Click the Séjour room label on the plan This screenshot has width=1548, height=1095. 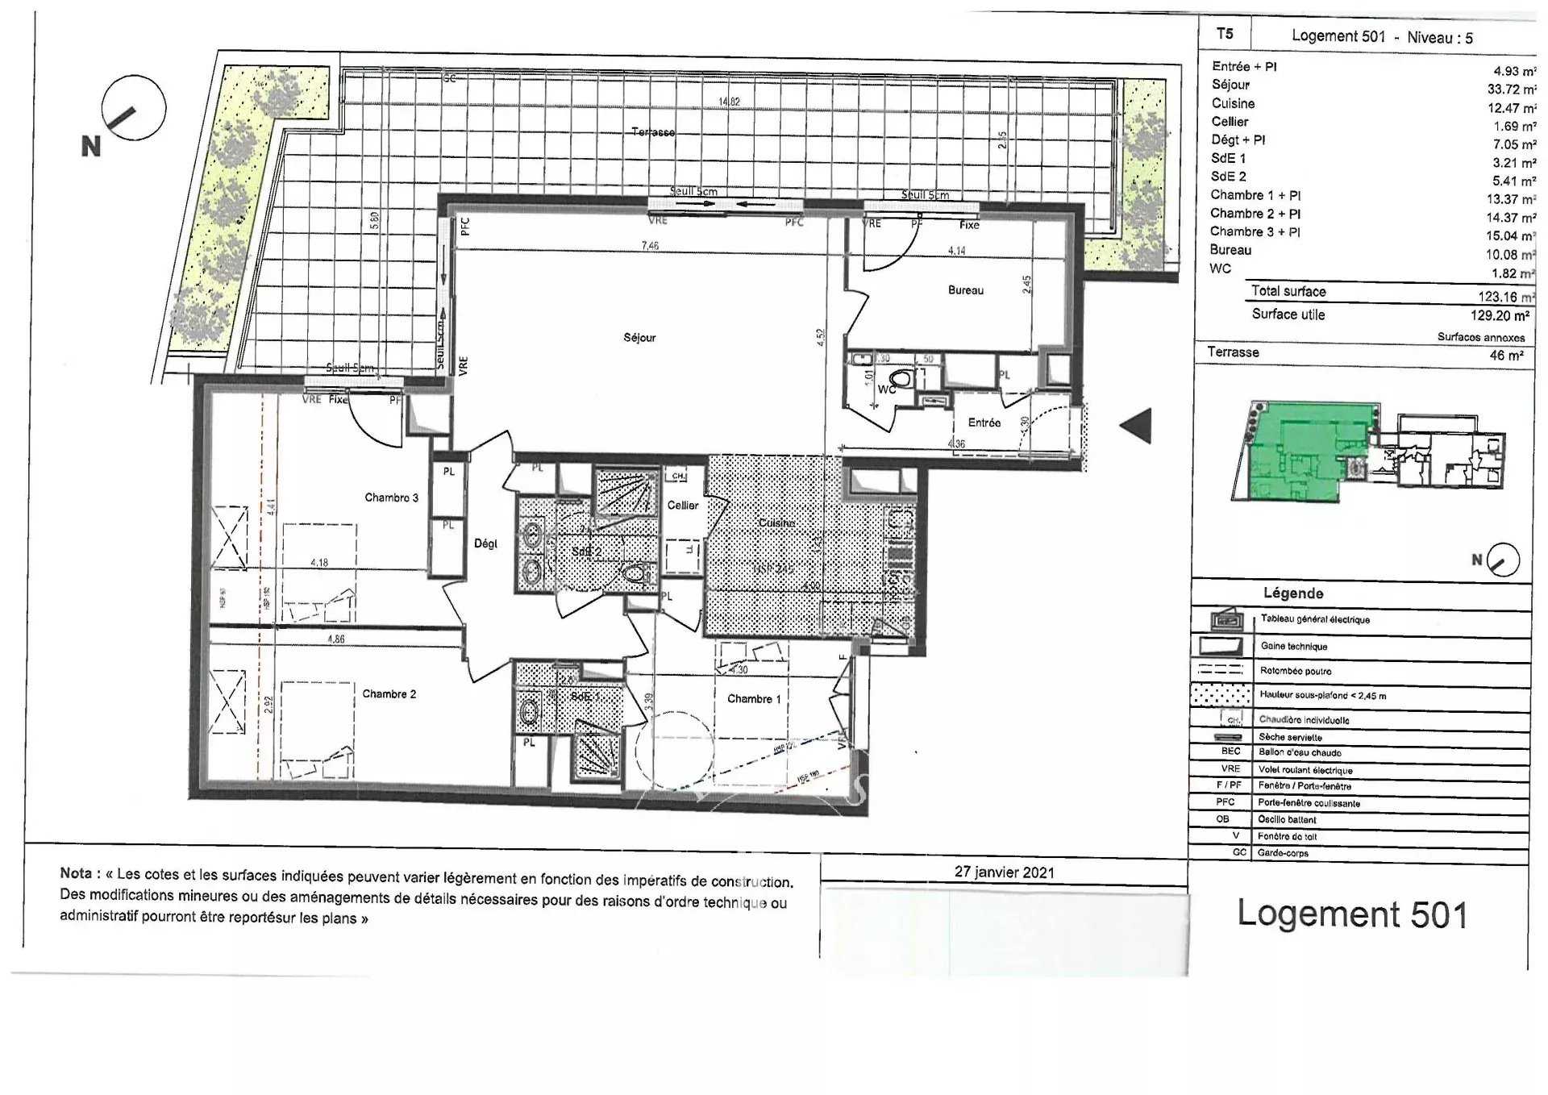639,338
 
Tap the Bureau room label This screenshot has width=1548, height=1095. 965,290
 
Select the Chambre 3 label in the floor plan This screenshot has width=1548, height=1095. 391,498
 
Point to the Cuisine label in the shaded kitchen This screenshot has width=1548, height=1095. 776,523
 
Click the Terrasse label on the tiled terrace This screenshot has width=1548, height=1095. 653,131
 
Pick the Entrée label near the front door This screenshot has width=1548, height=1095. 984,423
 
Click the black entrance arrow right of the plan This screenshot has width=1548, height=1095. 1137,425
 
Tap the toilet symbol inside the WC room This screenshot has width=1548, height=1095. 902,377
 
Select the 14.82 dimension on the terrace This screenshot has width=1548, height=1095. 729,102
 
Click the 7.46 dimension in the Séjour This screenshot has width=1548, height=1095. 650,245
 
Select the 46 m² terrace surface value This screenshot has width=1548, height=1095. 1506,356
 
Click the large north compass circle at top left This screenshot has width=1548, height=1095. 133,108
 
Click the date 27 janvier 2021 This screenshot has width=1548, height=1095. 1004,872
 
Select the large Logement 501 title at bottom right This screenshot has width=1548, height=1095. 1352,914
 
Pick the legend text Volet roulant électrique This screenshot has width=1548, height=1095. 1305,770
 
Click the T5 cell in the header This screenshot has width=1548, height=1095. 1224,34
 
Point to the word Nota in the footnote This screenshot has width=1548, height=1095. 76,873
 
